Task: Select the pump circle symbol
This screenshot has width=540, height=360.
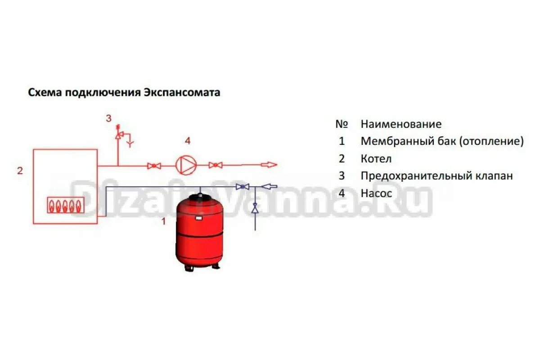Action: point(185,165)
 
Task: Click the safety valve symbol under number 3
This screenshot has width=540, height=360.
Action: point(118,134)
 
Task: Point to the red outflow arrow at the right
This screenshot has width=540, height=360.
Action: point(270,165)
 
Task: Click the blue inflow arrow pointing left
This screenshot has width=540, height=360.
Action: point(269,185)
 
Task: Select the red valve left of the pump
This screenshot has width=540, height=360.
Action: point(154,166)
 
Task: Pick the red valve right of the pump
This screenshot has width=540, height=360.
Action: point(216,165)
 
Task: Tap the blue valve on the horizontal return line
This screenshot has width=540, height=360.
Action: point(243,186)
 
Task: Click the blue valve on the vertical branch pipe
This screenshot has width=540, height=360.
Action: point(255,208)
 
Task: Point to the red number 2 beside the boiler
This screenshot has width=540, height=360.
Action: point(20,171)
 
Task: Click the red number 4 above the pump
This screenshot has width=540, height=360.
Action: point(188,141)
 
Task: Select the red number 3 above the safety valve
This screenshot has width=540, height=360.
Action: point(108,118)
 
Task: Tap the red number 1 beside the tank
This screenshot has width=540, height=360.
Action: point(164,221)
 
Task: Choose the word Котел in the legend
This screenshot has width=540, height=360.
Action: point(376,159)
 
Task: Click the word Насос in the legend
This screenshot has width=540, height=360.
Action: point(376,193)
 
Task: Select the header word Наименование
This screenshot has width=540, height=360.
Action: point(401,124)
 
